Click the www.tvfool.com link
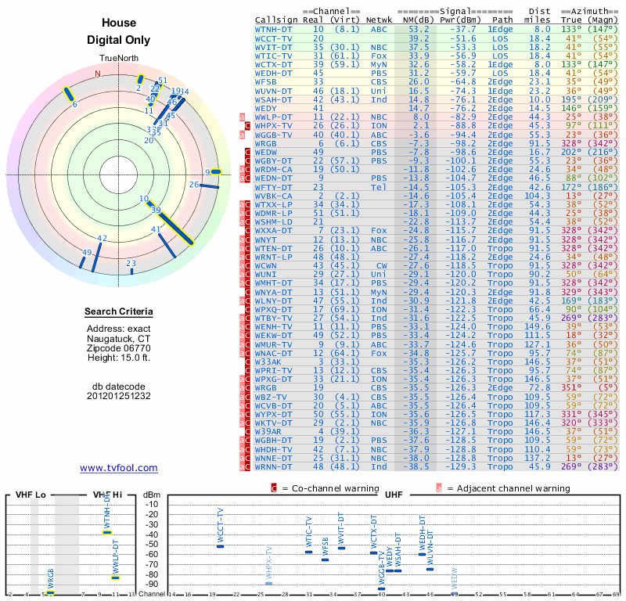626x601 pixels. click(118, 468)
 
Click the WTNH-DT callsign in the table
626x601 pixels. click(273, 29)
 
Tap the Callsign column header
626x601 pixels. click(275, 20)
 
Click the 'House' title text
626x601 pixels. click(118, 23)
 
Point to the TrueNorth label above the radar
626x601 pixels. click(118, 59)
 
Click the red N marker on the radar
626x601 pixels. click(98, 74)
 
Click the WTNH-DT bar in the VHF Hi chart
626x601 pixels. click(107, 532)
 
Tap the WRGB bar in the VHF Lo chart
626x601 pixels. click(51, 592)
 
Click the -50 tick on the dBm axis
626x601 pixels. click(151, 544)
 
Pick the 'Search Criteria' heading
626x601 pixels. click(118, 312)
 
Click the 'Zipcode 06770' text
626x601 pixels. click(118, 348)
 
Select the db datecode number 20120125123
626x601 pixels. click(118, 396)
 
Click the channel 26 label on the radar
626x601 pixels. click(194, 184)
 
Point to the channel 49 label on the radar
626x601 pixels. click(87, 252)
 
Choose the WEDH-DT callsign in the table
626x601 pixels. click(274, 72)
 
